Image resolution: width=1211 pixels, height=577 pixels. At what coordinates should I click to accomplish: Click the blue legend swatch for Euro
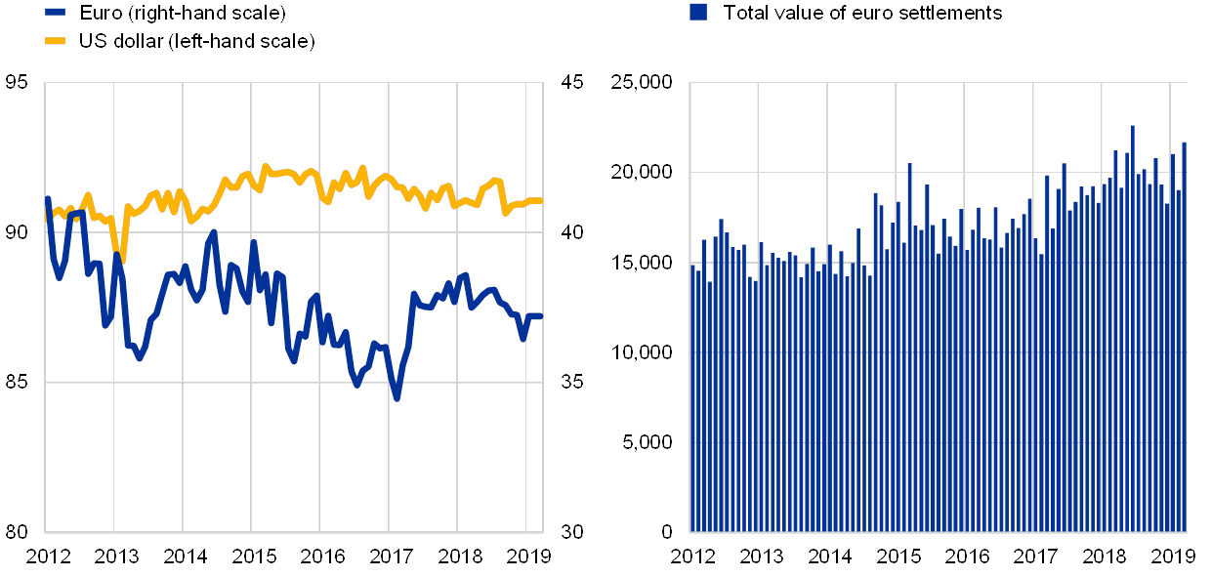pos(56,13)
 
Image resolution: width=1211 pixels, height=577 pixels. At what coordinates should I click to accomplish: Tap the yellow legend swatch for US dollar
pos(56,41)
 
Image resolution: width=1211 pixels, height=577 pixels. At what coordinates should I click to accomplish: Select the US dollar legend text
pos(196,41)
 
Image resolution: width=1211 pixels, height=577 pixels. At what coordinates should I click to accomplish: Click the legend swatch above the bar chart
pos(698,12)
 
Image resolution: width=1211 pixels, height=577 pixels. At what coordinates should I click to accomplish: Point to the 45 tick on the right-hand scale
pos(571,83)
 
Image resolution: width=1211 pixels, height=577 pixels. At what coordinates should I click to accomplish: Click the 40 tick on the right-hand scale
pos(571,232)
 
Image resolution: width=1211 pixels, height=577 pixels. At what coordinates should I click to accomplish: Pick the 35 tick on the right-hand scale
pos(571,382)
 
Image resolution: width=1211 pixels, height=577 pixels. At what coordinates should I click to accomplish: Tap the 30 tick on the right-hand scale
pos(571,531)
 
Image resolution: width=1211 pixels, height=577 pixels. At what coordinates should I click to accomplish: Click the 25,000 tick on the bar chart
pos(642,83)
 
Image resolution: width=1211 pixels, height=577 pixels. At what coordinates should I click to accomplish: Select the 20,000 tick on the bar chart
pos(642,173)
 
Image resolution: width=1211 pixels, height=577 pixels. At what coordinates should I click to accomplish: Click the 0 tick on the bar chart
pos(668,531)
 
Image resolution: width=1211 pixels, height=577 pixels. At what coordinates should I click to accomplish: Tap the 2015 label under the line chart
pos(254,556)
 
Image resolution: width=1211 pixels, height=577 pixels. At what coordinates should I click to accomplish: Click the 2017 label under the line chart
pos(392,556)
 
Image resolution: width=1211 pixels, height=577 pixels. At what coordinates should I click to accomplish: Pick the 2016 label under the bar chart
pos(966,556)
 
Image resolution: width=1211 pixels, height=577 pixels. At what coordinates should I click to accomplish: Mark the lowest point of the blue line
pos(397,398)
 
